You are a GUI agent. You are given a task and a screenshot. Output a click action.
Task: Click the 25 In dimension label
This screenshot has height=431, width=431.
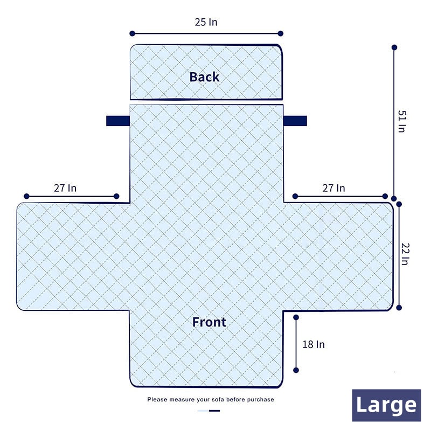pos(206,22)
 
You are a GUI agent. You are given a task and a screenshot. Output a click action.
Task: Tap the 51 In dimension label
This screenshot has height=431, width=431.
pos(402,121)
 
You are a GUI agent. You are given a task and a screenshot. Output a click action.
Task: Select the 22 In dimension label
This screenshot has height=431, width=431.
pos(405,254)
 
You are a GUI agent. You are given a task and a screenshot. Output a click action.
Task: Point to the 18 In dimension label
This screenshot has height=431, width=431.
pos(314,344)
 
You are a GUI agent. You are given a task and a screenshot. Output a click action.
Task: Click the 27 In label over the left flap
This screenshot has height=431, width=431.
pos(65,188)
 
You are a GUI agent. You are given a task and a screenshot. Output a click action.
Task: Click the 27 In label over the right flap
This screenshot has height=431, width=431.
pos(333,188)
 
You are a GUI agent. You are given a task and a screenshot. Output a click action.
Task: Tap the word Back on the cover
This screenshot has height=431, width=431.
pos(205,77)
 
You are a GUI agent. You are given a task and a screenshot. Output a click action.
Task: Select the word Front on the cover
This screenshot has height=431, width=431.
pos(209,322)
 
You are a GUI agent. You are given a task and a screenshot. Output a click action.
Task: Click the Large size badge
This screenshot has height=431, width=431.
pos(386,405)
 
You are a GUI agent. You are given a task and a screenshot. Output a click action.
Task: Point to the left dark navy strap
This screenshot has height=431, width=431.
pos(118,121)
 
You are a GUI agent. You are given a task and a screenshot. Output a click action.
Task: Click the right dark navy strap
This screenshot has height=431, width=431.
pos(295,121)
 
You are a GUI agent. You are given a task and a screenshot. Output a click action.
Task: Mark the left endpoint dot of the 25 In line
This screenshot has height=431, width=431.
pos(132,33)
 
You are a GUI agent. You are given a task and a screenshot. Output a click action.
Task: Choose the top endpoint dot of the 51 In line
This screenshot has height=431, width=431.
pos(394,47)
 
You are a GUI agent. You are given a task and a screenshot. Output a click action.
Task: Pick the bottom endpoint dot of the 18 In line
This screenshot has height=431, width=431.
pos(296,370)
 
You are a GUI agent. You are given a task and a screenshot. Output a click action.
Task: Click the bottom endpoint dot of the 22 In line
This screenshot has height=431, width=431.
pos(399,308)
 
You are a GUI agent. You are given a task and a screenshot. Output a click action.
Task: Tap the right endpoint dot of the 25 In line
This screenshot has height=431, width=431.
pos(280,33)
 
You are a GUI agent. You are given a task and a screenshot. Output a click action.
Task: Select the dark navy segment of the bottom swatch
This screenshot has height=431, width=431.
pos(214,411)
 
